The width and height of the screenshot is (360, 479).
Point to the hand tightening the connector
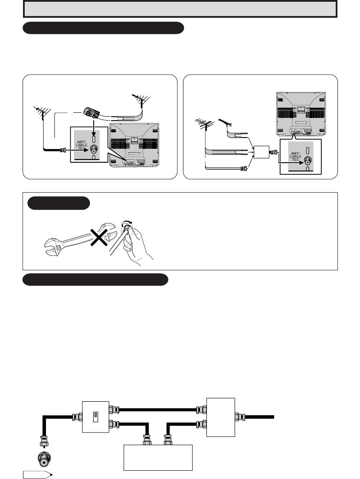137,244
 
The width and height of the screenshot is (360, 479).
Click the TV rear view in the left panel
134,145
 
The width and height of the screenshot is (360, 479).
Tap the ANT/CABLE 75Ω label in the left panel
81,145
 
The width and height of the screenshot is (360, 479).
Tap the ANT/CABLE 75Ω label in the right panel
295,156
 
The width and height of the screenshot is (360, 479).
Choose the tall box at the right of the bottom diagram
221,417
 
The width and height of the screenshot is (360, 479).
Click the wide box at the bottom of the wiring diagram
158,458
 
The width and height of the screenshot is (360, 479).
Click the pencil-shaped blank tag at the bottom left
36,475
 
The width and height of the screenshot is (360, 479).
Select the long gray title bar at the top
180,9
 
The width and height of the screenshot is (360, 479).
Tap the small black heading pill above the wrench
59,203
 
